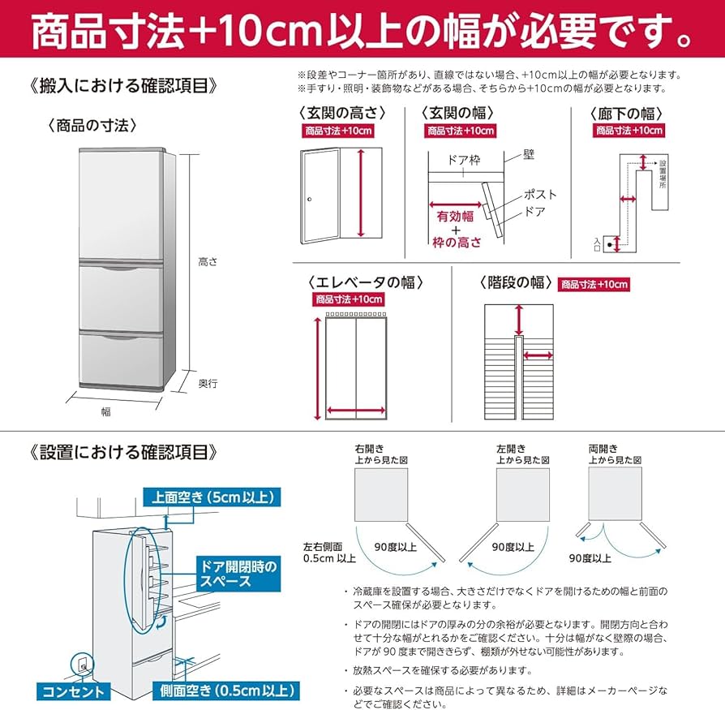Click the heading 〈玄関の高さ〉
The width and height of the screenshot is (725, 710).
(x=341, y=113)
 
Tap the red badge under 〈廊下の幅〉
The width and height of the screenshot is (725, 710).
(x=628, y=131)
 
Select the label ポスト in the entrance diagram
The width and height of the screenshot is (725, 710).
(x=540, y=195)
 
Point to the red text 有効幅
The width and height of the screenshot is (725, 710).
(x=454, y=217)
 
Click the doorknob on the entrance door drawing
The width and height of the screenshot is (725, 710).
(x=309, y=199)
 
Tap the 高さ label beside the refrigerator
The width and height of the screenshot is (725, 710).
(x=208, y=262)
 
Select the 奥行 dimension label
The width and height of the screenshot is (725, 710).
(x=208, y=384)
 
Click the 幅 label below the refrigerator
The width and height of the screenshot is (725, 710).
(x=105, y=411)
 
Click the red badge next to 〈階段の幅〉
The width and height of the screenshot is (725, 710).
(x=594, y=284)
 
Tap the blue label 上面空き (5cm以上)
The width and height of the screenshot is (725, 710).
(x=213, y=497)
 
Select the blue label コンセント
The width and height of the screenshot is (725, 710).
(x=75, y=692)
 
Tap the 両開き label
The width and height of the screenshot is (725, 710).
(x=603, y=448)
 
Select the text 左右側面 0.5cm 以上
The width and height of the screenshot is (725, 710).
(x=329, y=552)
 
